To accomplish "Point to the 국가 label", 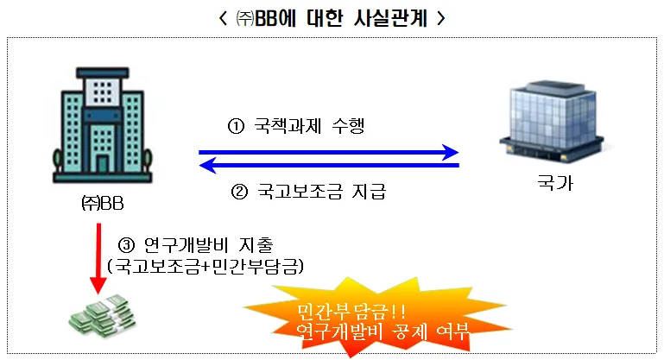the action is click(x=553, y=185).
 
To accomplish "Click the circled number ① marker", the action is click(x=237, y=128).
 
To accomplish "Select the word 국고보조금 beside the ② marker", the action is click(x=294, y=191).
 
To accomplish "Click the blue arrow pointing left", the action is click(x=328, y=165).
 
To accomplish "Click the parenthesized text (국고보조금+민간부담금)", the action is click(x=205, y=264).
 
